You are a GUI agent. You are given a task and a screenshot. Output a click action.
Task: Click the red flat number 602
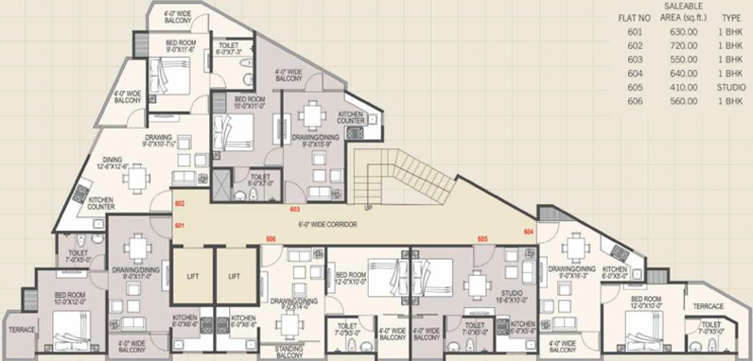pos(179,204)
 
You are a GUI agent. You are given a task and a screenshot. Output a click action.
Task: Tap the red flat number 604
pos(529,231)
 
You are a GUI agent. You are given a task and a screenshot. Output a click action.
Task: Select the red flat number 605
pos(483,239)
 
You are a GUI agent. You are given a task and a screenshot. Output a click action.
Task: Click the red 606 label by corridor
pos(270,239)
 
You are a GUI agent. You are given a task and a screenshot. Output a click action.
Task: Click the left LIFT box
pos(193,276)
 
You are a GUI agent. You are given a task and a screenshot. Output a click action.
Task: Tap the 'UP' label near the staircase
pos(369,207)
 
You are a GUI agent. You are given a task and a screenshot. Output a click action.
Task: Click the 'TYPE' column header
pos(731,18)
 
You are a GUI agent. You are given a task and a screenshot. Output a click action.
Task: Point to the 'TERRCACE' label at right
pos(708,306)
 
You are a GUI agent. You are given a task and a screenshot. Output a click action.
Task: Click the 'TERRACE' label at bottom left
pos(21,330)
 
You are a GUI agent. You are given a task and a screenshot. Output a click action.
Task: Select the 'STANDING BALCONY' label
pos(289,352)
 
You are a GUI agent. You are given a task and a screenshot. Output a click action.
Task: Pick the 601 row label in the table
pos(634,32)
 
